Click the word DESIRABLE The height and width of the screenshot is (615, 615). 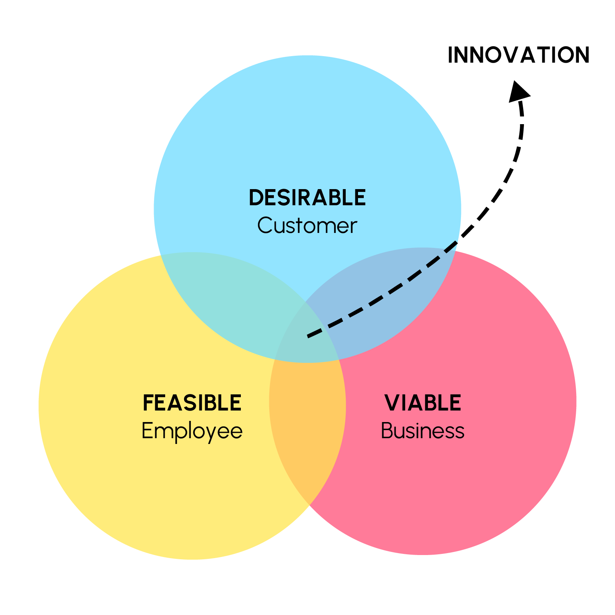click(x=307, y=198)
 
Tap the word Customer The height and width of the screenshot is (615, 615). click(x=307, y=226)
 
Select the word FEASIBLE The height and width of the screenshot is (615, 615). click(x=192, y=403)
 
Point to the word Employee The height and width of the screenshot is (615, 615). click(x=192, y=431)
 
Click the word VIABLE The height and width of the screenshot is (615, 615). click(x=423, y=403)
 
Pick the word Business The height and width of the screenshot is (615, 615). click(x=423, y=431)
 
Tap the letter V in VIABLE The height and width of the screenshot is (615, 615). click(x=392, y=403)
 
